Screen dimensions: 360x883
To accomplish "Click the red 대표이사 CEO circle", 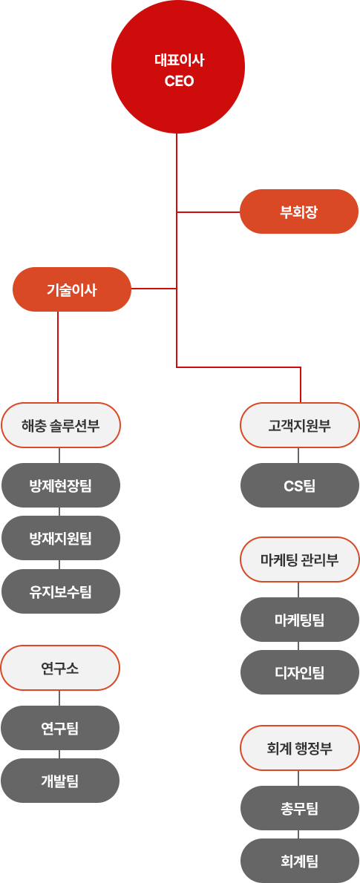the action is coord(178,67).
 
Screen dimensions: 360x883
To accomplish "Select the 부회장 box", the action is coord(299,211).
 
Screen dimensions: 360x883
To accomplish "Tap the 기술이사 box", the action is coord(72,289).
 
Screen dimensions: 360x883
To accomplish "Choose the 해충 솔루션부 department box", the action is coord(61,425).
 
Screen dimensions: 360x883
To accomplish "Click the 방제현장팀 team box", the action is coord(61,485).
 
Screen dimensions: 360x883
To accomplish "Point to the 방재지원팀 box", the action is coord(61,539).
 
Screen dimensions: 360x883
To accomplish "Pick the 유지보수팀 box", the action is coord(61,591).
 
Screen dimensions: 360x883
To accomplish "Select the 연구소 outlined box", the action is coord(60,668).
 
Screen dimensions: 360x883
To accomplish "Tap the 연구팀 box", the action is coord(60,728).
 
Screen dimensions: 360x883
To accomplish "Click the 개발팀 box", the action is coord(60,781).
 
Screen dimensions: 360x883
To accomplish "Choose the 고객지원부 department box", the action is coord(300,425).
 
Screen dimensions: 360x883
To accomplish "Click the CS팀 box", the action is coord(300,485).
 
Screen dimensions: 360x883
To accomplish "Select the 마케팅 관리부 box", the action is coord(300,559).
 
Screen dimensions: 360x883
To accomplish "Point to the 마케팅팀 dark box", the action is coord(300,620).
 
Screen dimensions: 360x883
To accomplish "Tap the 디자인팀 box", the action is coord(300,672).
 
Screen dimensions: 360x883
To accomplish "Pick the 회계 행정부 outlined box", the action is coord(300,748).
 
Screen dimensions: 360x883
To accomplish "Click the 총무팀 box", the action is coord(300,808).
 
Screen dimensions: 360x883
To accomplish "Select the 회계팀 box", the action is coord(300,861).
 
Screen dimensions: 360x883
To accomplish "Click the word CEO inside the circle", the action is coord(179,82).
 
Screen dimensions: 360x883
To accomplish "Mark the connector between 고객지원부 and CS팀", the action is coord(298,456).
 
